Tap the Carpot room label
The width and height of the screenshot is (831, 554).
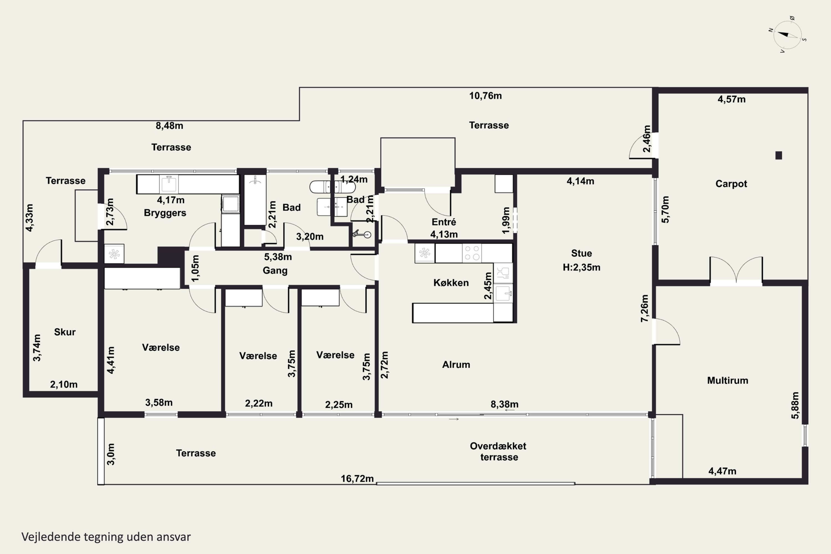coord(731,184)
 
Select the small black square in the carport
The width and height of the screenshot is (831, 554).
coord(779,155)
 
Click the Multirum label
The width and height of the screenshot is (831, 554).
coord(727,381)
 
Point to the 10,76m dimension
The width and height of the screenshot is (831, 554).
coord(485,96)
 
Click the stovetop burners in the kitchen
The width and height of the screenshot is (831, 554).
coord(472,253)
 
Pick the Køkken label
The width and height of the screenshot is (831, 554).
coord(451,283)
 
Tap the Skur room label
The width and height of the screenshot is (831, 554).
coord(65,332)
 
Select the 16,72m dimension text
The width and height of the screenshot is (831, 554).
coord(357,478)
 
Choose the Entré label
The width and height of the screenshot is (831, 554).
coord(444,222)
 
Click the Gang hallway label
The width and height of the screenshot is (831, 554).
coord(275,271)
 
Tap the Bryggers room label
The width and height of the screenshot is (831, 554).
coord(165,213)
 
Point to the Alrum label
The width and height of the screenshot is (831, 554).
coord(456,365)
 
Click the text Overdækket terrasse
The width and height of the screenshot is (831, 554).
coord(498,452)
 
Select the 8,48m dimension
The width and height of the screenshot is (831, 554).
coord(169,126)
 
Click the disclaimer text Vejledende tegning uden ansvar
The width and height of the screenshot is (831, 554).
coord(106,537)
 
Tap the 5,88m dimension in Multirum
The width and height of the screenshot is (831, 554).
coord(795,405)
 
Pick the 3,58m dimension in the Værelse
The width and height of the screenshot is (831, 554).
coord(159,402)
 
